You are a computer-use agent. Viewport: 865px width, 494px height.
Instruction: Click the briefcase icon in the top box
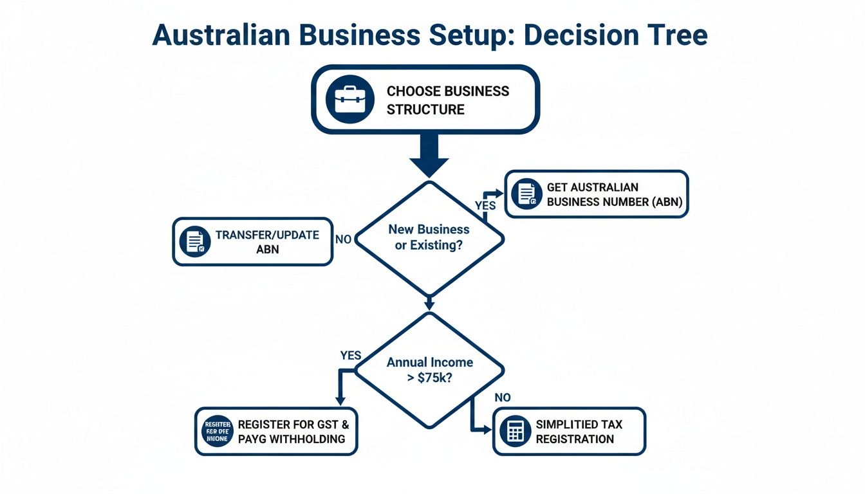pos(349,99)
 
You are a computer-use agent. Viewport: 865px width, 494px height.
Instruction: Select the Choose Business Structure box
pos(425,100)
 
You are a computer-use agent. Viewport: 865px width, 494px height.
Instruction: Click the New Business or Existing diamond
pos(429,237)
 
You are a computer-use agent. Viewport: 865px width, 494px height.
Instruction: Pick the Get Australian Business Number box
pos(597,194)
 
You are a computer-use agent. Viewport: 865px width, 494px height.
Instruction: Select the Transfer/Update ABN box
pos(252,241)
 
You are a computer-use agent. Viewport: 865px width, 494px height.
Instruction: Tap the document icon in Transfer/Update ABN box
pos(195,241)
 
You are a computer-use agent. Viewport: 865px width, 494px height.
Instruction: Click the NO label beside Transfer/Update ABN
pos(344,239)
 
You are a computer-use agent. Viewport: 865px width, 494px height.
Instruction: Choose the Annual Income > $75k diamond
pos(429,370)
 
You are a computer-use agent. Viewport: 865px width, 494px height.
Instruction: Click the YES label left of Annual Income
pos(350,355)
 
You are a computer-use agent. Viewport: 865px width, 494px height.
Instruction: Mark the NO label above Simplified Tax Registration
pos(502,398)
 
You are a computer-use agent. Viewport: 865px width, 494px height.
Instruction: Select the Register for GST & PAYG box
pos(276,431)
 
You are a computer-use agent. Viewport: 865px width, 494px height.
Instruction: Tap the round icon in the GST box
pos(216,431)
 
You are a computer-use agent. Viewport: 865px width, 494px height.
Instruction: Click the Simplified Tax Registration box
pos(569,431)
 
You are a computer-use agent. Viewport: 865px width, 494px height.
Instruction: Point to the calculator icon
pos(515,431)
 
